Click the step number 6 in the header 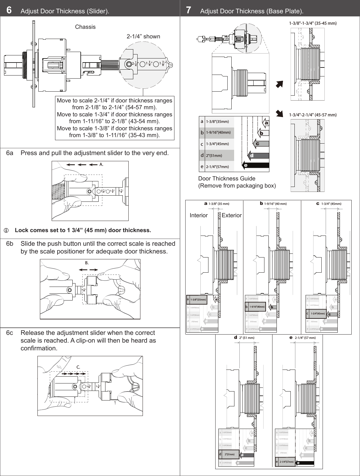(x=9, y=11)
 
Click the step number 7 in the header (x=188, y=11)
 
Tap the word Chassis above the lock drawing (x=85, y=27)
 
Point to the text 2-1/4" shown (x=144, y=37)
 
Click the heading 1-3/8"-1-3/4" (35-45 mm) (x=313, y=23)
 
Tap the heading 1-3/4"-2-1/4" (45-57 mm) (x=313, y=115)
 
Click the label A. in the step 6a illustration (x=101, y=165)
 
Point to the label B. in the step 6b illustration (x=87, y=263)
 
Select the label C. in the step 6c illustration (x=79, y=367)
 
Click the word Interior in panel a (x=199, y=215)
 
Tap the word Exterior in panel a (x=232, y=215)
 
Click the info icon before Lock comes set (x=6, y=231)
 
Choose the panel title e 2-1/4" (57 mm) (x=302, y=338)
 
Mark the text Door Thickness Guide (x=227, y=179)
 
